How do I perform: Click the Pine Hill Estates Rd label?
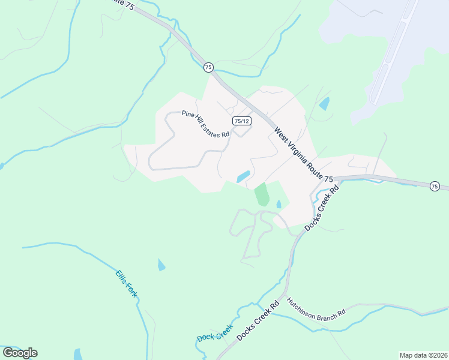206,124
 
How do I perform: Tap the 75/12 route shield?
242,121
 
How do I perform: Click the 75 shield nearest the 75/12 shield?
208,67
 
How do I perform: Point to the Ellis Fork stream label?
127,283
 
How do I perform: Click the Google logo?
20,353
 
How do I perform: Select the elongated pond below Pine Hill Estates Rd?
243,177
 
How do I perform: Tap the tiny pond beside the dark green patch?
279,205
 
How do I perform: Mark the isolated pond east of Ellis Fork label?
161,265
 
